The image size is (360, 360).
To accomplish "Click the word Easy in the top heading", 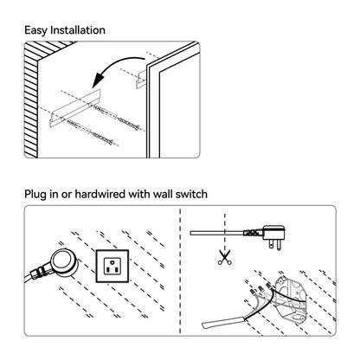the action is tap(35, 30).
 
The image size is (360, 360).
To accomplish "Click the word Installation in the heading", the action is tap(78, 30).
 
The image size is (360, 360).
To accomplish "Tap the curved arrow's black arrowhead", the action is tap(99, 80).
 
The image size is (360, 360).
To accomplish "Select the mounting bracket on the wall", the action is tap(74, 107).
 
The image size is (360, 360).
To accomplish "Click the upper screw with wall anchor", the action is tap(116, 116).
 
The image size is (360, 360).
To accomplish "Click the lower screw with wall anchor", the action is tap(90, 132).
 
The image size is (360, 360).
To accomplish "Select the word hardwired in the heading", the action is tap(100, 194).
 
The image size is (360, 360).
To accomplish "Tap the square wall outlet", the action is tap(112, 266).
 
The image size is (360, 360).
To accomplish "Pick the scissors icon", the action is tap(224, 257).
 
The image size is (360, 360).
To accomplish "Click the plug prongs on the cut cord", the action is tap(274, 245).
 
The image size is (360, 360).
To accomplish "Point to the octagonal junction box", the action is tap(291, 299).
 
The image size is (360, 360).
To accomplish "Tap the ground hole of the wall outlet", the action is tap(112, 261).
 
